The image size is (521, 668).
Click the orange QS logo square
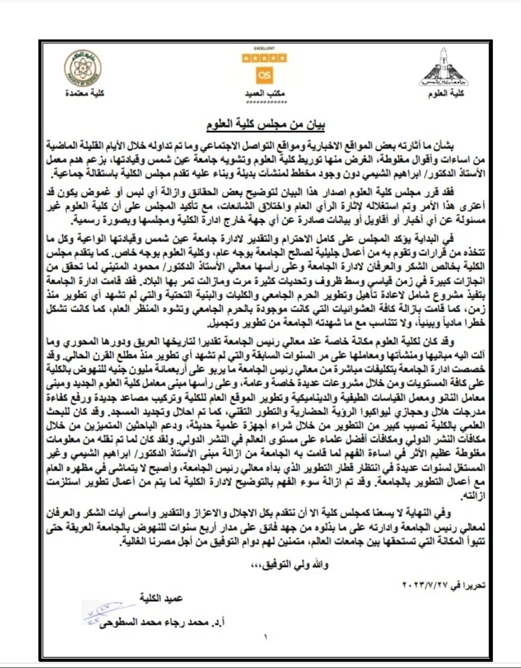pos(264,75)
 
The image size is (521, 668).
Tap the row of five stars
pos(264,59)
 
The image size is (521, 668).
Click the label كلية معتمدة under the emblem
pos(85,93)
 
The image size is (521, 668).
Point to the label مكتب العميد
pos(264,93)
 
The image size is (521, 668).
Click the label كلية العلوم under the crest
pos(446,93)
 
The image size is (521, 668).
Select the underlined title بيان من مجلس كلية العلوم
pos(265,124)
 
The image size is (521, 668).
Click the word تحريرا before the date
pos(474,586)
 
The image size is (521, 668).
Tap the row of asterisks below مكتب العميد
pos(264,102)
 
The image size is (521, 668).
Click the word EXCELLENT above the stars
pos(264,49)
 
